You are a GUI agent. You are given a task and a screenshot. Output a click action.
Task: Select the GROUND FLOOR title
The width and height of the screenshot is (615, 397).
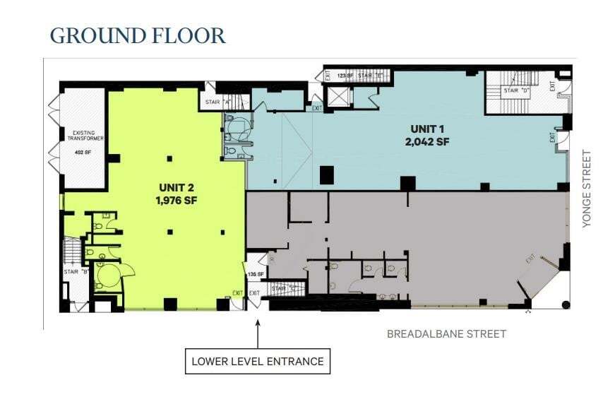coord(138,35)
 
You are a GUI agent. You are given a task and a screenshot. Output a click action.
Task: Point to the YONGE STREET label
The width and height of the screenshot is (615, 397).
coord(586,188)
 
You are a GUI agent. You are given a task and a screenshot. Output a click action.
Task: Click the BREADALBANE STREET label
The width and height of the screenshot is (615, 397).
coord(446,333)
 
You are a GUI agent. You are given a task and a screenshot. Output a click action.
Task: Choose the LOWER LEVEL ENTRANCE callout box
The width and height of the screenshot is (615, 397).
coord(258,361)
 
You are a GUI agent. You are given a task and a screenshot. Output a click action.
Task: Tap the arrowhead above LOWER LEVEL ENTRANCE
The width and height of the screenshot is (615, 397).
coord(258,324)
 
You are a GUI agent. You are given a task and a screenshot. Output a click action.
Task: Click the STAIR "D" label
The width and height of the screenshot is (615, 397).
coord(515,90)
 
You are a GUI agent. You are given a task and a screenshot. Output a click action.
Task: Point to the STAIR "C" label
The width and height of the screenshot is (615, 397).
coord(282,288)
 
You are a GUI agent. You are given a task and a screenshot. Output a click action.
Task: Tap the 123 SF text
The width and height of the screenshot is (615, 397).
coord(345,74)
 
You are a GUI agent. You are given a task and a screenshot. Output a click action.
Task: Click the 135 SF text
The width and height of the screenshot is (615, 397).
coord(255,274)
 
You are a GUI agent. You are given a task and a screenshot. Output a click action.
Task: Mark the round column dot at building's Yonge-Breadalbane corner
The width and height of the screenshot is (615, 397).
coord(565,304)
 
